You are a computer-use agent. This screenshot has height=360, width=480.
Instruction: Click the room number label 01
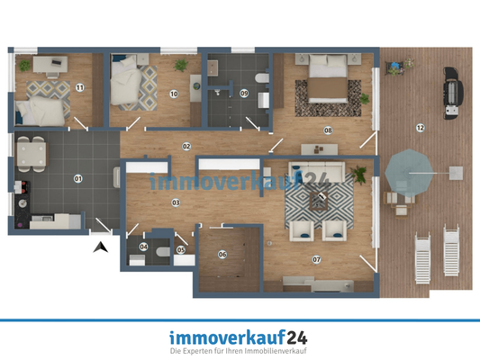click(77, 178)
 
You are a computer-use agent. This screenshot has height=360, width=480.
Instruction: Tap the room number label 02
click(186, 145)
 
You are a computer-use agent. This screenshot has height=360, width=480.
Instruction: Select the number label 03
click(176, 202)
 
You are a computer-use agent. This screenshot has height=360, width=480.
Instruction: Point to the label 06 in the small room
click(222, 253)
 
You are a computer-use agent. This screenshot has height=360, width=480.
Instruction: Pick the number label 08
click(328, 130)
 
